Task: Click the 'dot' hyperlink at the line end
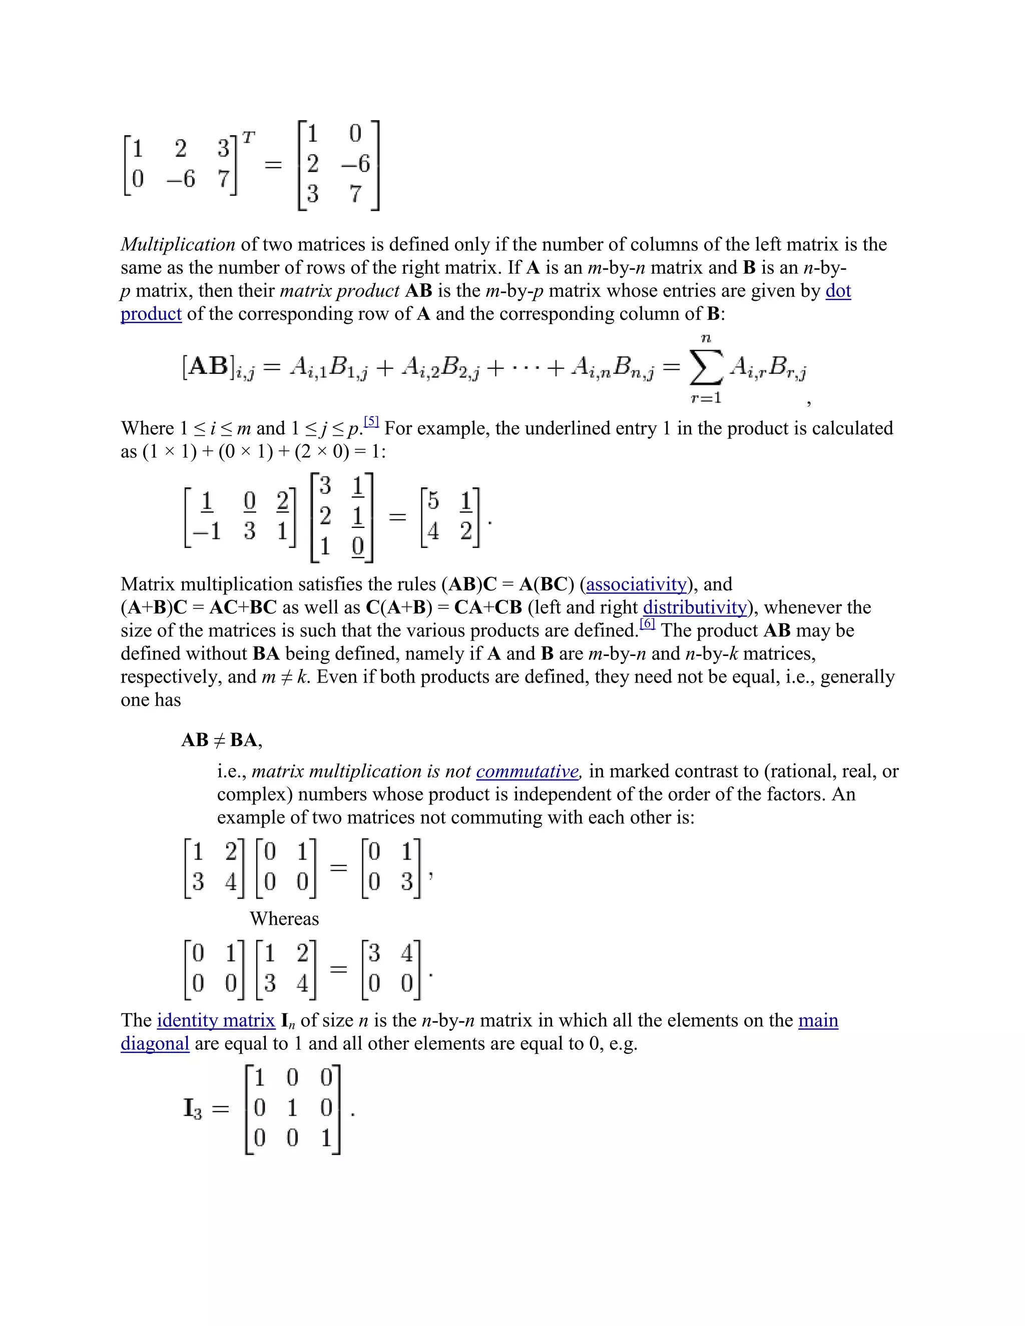point(838,291)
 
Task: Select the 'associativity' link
point(636,584)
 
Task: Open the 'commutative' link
point(527,772)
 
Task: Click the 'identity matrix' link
point(216,1021)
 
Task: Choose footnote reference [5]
point(371,422)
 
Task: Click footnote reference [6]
point(647,624)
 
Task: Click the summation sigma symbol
point(706,367)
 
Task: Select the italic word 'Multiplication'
point(178,245)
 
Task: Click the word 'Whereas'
point(284,919)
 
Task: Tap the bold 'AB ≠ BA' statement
point(221,740)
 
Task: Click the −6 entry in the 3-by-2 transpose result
point(355,163)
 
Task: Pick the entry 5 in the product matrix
point(433,501)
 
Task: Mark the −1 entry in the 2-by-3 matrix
point(207,531)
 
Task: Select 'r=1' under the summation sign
point(706,398)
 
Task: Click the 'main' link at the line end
point(818,1021)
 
